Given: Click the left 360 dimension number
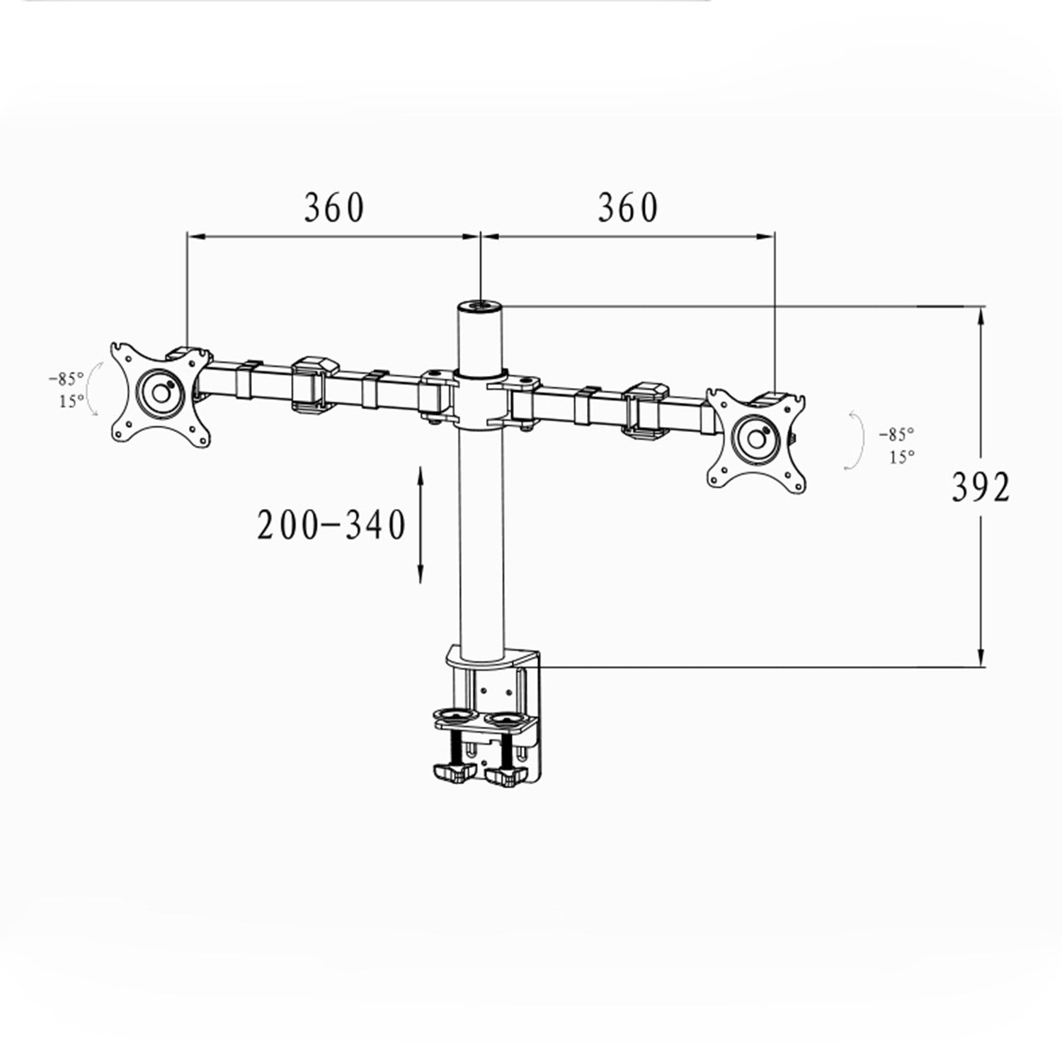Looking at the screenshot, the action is [x=334, y=207].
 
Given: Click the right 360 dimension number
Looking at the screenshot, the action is [x=628, y=207].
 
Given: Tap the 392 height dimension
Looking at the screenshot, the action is [x=981, y=487].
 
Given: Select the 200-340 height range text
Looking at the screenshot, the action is [x=331, y=525].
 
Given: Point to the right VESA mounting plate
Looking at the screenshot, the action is [x=758, y=439].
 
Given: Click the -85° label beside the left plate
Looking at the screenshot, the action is [x=66, y=378].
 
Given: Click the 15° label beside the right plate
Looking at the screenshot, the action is [x=901, y=457].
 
